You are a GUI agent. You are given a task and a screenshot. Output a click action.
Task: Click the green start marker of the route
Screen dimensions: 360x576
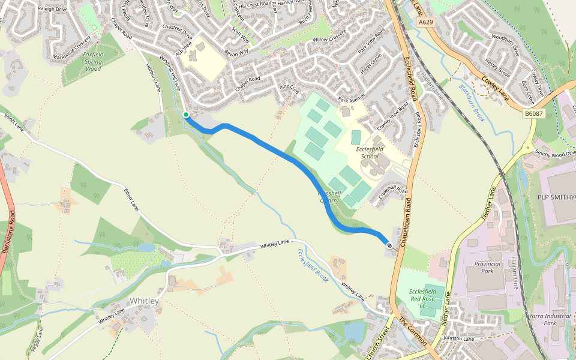[186, 115]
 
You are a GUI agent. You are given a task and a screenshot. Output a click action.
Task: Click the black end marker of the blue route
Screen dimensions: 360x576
[389, 245]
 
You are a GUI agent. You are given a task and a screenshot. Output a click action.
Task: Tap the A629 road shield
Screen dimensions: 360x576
[425, 22]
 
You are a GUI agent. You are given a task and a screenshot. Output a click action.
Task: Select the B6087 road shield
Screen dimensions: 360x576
[533, 113]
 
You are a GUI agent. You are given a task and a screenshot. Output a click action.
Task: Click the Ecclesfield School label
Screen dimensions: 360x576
[373, 152]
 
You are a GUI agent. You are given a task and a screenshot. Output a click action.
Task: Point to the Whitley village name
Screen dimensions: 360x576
[144, 301]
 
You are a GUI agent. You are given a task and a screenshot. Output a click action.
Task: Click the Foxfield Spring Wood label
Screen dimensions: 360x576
[93, 62]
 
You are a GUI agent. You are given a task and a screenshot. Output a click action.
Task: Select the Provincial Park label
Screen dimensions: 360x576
[487, 268]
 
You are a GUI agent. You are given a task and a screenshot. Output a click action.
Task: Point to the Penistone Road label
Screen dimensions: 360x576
[10, 230]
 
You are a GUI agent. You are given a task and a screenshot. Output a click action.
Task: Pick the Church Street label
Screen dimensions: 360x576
[377, 343]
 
